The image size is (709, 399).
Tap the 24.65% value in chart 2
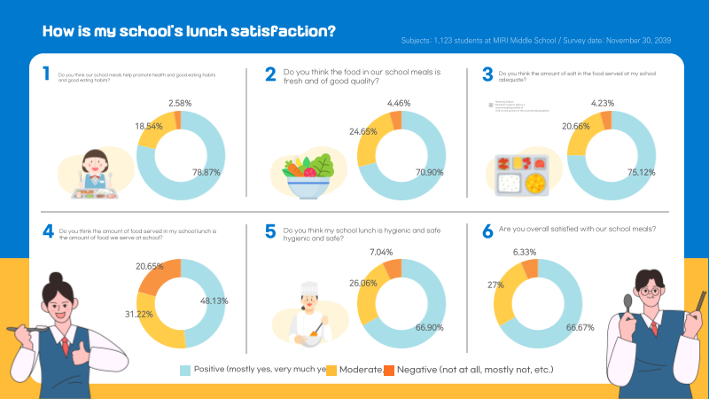[338, 131]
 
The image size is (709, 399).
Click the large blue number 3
[487, 75]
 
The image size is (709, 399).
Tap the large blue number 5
[270, 233]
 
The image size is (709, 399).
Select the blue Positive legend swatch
[185, 369]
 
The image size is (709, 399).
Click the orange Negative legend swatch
[389, 369]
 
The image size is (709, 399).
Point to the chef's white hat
[309, 292]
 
